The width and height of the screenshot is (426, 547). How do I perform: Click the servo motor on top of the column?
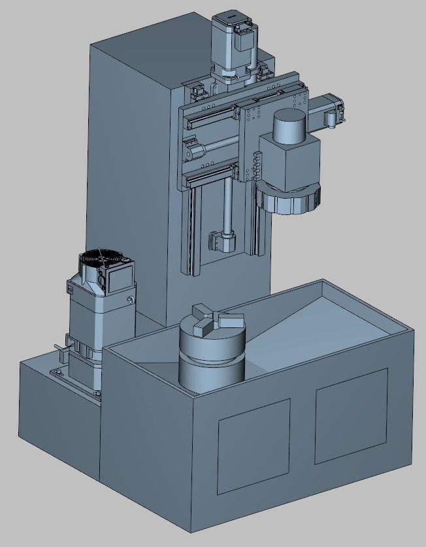pyautogui.click(x=229, y=37)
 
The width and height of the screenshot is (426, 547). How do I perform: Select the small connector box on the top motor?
pyautogui.click(x=244, y=41)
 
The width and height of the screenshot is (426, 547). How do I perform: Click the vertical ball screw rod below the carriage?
pyautogui.click(x=226, y=203)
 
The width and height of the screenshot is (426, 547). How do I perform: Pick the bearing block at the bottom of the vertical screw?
pyautogui.click(x=220, y=241)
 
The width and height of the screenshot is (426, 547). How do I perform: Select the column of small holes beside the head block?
pyautogui.click(x=258, y=167)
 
